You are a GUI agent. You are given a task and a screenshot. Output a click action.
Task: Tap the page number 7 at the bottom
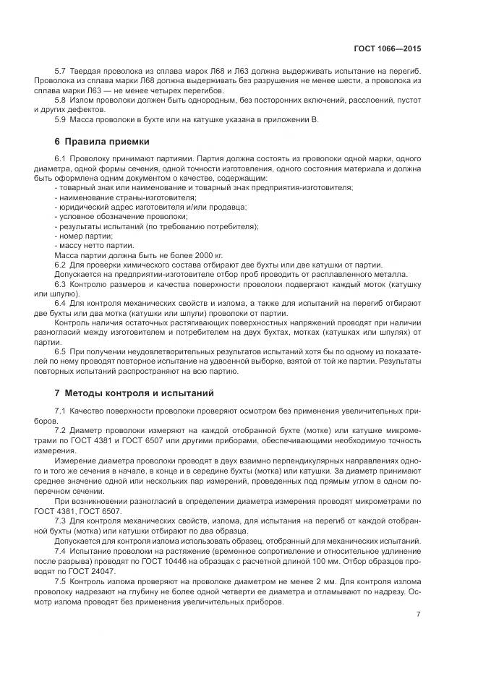(x=418, y=615)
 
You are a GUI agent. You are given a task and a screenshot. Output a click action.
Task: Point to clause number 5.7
(x=61, y=72)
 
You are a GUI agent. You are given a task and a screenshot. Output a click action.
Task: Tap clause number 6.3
(x=61, y=284)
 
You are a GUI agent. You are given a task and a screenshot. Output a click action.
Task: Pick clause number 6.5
(x=61, y=350)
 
